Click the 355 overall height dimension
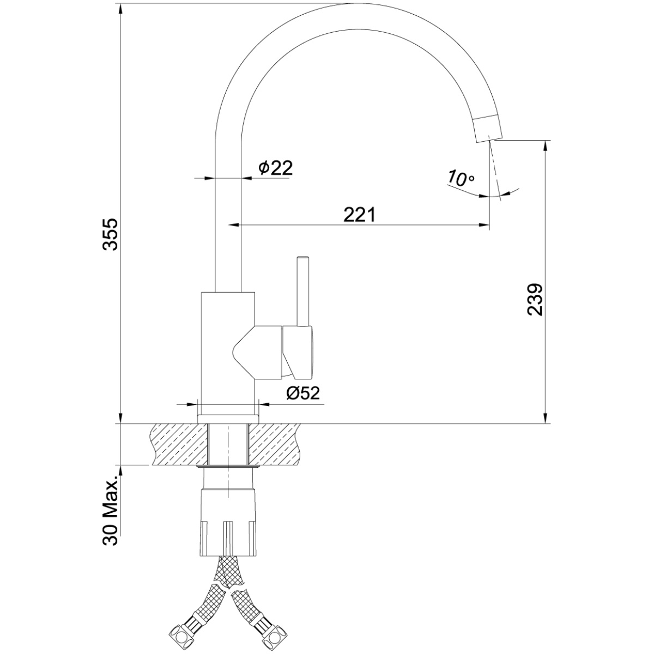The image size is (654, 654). pos(110,234)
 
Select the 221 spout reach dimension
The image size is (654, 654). pos(360,215)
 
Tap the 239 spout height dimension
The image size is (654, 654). pos(535,300)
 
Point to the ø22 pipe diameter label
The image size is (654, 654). pos(275,168)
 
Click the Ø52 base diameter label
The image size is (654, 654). pos(303,393)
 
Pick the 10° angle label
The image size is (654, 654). pos(461,178)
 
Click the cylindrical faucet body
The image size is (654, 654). pos(228,353)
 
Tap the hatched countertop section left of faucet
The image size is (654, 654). pos(180,444)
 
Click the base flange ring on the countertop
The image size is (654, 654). pos(228,419)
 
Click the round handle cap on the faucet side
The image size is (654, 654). pos(298,353)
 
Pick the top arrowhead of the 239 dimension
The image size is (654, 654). pos(546,146)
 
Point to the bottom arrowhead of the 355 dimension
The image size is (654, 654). pos(121,418)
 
